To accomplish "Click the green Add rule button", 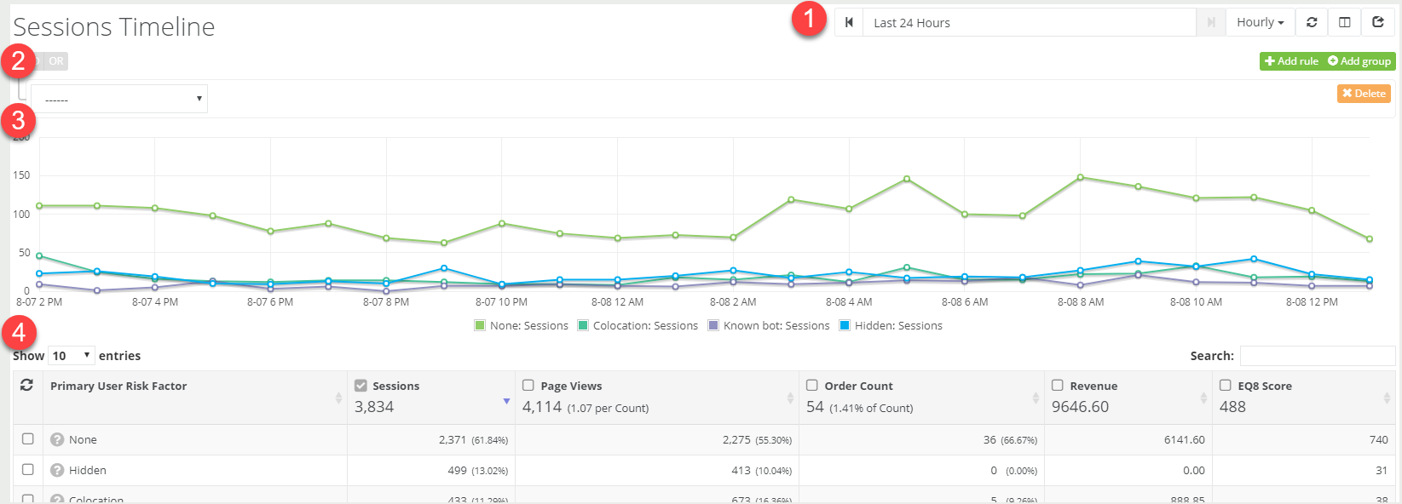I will [1291, 61].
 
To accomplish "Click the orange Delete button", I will [1364, 94].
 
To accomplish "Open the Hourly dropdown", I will [1260, 23].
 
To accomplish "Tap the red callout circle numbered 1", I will [809, 19].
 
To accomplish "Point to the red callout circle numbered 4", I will [19, 333].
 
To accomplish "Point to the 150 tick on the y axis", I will [21, 175].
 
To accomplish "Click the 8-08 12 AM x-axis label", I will [617, 302].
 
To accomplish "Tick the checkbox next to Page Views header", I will [528, 386].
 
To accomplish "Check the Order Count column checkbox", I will [812, 386].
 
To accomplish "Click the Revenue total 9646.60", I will [1080, 407].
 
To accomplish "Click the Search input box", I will [1317, 356].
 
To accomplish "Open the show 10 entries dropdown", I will [71, 356].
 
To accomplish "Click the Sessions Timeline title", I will [114, 27].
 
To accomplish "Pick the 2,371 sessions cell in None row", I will [453, 440].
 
